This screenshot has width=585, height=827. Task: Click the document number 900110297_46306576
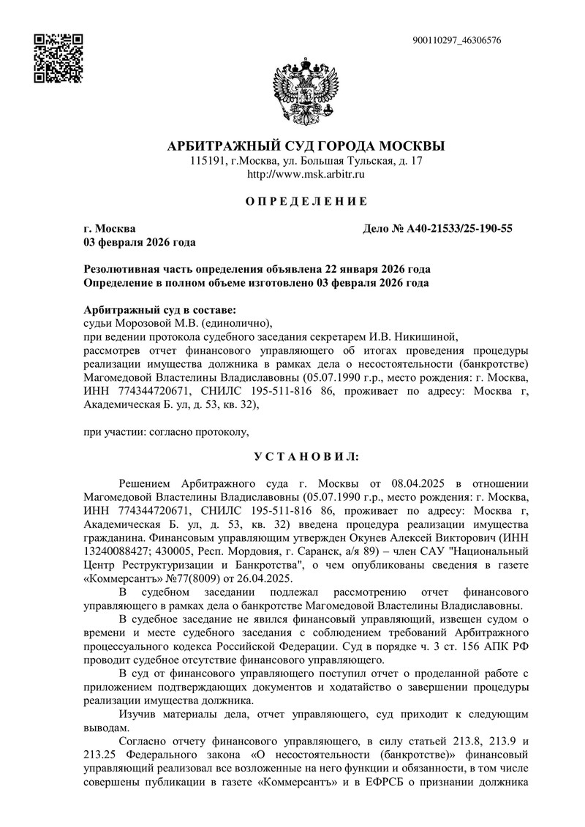click(457, 40)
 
